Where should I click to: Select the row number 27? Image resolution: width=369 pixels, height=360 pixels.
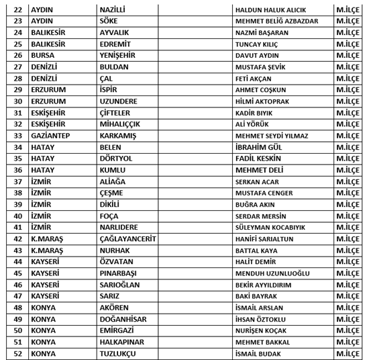tap(17, 66)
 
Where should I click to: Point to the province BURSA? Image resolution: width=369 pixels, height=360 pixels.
tap(44, 55)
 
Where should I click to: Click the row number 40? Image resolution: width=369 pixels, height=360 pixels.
tap(17, 216)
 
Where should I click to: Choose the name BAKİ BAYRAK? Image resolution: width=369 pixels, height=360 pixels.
tap(256, 296)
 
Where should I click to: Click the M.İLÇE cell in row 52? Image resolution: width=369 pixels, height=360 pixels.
tap(349, 353)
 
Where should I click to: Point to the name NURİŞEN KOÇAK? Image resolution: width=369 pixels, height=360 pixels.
tap(262, 330)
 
